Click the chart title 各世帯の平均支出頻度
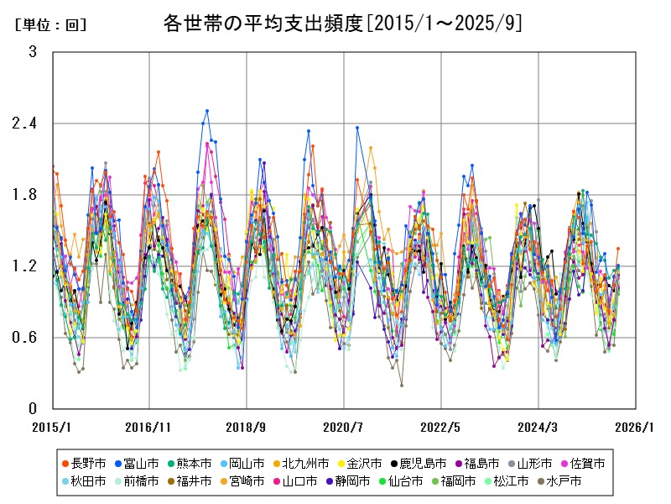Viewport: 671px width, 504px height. coord(343,24)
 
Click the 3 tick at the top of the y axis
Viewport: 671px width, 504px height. coord(33,52)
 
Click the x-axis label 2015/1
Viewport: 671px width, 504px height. coord(52,427)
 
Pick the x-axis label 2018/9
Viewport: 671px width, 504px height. coord(247,427)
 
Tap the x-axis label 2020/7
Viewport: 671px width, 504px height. coord(344,427)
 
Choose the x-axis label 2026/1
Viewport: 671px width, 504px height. coord(635,427)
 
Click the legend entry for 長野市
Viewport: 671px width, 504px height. coord(83,463)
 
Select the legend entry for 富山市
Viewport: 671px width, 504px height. coord(138,463)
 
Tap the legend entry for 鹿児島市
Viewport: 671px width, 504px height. coord(419,463)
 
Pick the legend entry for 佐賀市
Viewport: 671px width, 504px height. coord(582,463)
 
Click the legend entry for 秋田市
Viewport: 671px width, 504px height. coord(83,481)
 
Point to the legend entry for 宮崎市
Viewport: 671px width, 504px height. coord(242,481)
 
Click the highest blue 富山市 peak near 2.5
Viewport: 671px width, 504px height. coord(207,111)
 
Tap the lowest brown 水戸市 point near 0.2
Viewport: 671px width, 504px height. coord(401,385)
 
